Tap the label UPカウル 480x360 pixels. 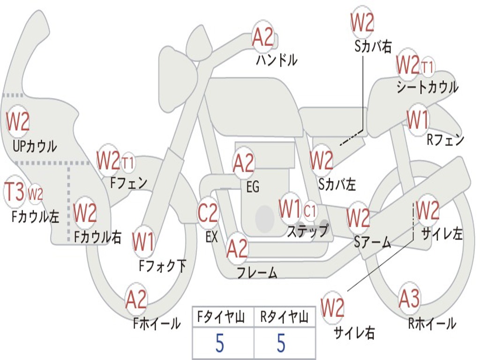coord(35,146)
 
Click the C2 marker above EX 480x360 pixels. coord(208,212)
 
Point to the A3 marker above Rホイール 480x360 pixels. coord(409,299)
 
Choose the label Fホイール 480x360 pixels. coord(157,323)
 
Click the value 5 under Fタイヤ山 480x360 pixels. coord(220,343)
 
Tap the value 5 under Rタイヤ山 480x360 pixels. coord(281,343)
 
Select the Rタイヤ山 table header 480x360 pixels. coord(284,317)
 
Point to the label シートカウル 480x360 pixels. coord(427,87)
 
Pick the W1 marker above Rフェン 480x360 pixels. coord(418,120)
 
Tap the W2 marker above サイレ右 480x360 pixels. coord(332,307)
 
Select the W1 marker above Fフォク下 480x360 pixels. coord(143,242)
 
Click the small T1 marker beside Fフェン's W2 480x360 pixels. coord(128,163)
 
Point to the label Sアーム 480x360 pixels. coord(373,242)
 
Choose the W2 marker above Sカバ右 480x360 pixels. coord(362,22)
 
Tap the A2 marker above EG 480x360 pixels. coord(244,163)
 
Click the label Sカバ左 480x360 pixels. coord(337,184)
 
